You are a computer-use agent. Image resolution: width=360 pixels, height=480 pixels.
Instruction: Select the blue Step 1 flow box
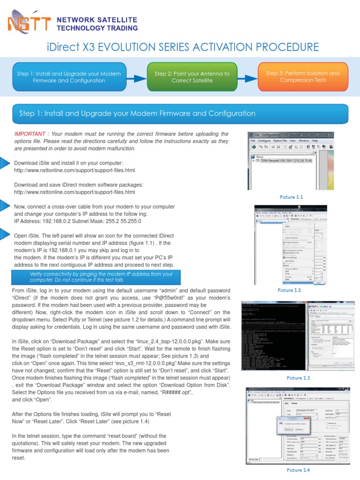pos(69,77)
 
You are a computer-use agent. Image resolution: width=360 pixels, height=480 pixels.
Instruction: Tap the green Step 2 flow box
pos(192,77)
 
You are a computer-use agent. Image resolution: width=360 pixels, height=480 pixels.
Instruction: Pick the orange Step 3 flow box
pos(303,76)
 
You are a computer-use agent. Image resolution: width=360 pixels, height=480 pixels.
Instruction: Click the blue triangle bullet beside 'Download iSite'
pos(4,163)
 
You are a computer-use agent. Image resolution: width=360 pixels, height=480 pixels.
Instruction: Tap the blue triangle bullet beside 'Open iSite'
pos(4,235)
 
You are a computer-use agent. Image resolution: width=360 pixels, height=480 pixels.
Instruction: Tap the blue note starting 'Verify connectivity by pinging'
pos(101,277)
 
